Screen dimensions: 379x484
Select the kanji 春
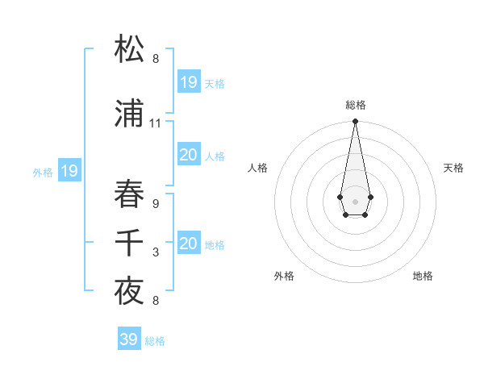130,194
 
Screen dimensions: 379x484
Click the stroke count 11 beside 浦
156,123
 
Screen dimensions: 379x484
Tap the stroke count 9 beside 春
156,204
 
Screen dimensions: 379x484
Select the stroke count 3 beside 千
156,252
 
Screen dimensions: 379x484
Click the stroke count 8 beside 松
156,59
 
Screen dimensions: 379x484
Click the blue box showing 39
128,339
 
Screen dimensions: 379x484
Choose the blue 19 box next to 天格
189,81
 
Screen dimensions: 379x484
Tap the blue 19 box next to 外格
69,171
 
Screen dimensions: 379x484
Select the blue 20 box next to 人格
189,155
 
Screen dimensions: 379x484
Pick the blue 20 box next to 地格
189,244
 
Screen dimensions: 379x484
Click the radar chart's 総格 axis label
356,105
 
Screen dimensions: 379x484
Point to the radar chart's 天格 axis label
453,168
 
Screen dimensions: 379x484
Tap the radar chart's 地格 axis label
423,276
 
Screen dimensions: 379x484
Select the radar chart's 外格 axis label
284,276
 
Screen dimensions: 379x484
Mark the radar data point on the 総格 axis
355,122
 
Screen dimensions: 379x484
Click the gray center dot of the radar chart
355,201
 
